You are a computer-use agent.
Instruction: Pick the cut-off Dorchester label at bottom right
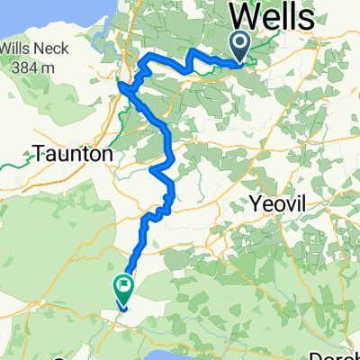point(337,354)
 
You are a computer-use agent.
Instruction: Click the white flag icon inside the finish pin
point(122,285)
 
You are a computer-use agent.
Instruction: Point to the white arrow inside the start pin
point(241,40)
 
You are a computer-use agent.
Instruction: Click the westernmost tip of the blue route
point(119,85)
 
